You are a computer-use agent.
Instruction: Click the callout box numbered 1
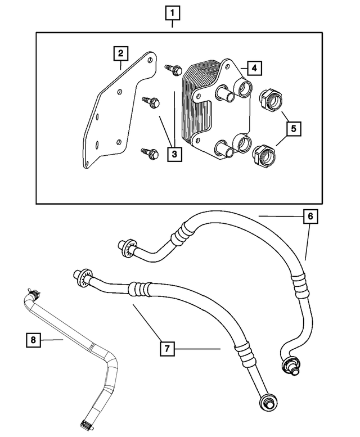[173, 12]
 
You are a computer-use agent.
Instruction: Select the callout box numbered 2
[120, 54]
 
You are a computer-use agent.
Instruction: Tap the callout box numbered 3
[174, 153]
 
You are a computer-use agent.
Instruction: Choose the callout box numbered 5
[292, 128]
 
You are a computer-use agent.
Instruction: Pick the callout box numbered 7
[166, 349]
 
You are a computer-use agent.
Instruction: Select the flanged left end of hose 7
[81, 276]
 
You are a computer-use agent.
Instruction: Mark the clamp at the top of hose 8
[34, 293]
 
